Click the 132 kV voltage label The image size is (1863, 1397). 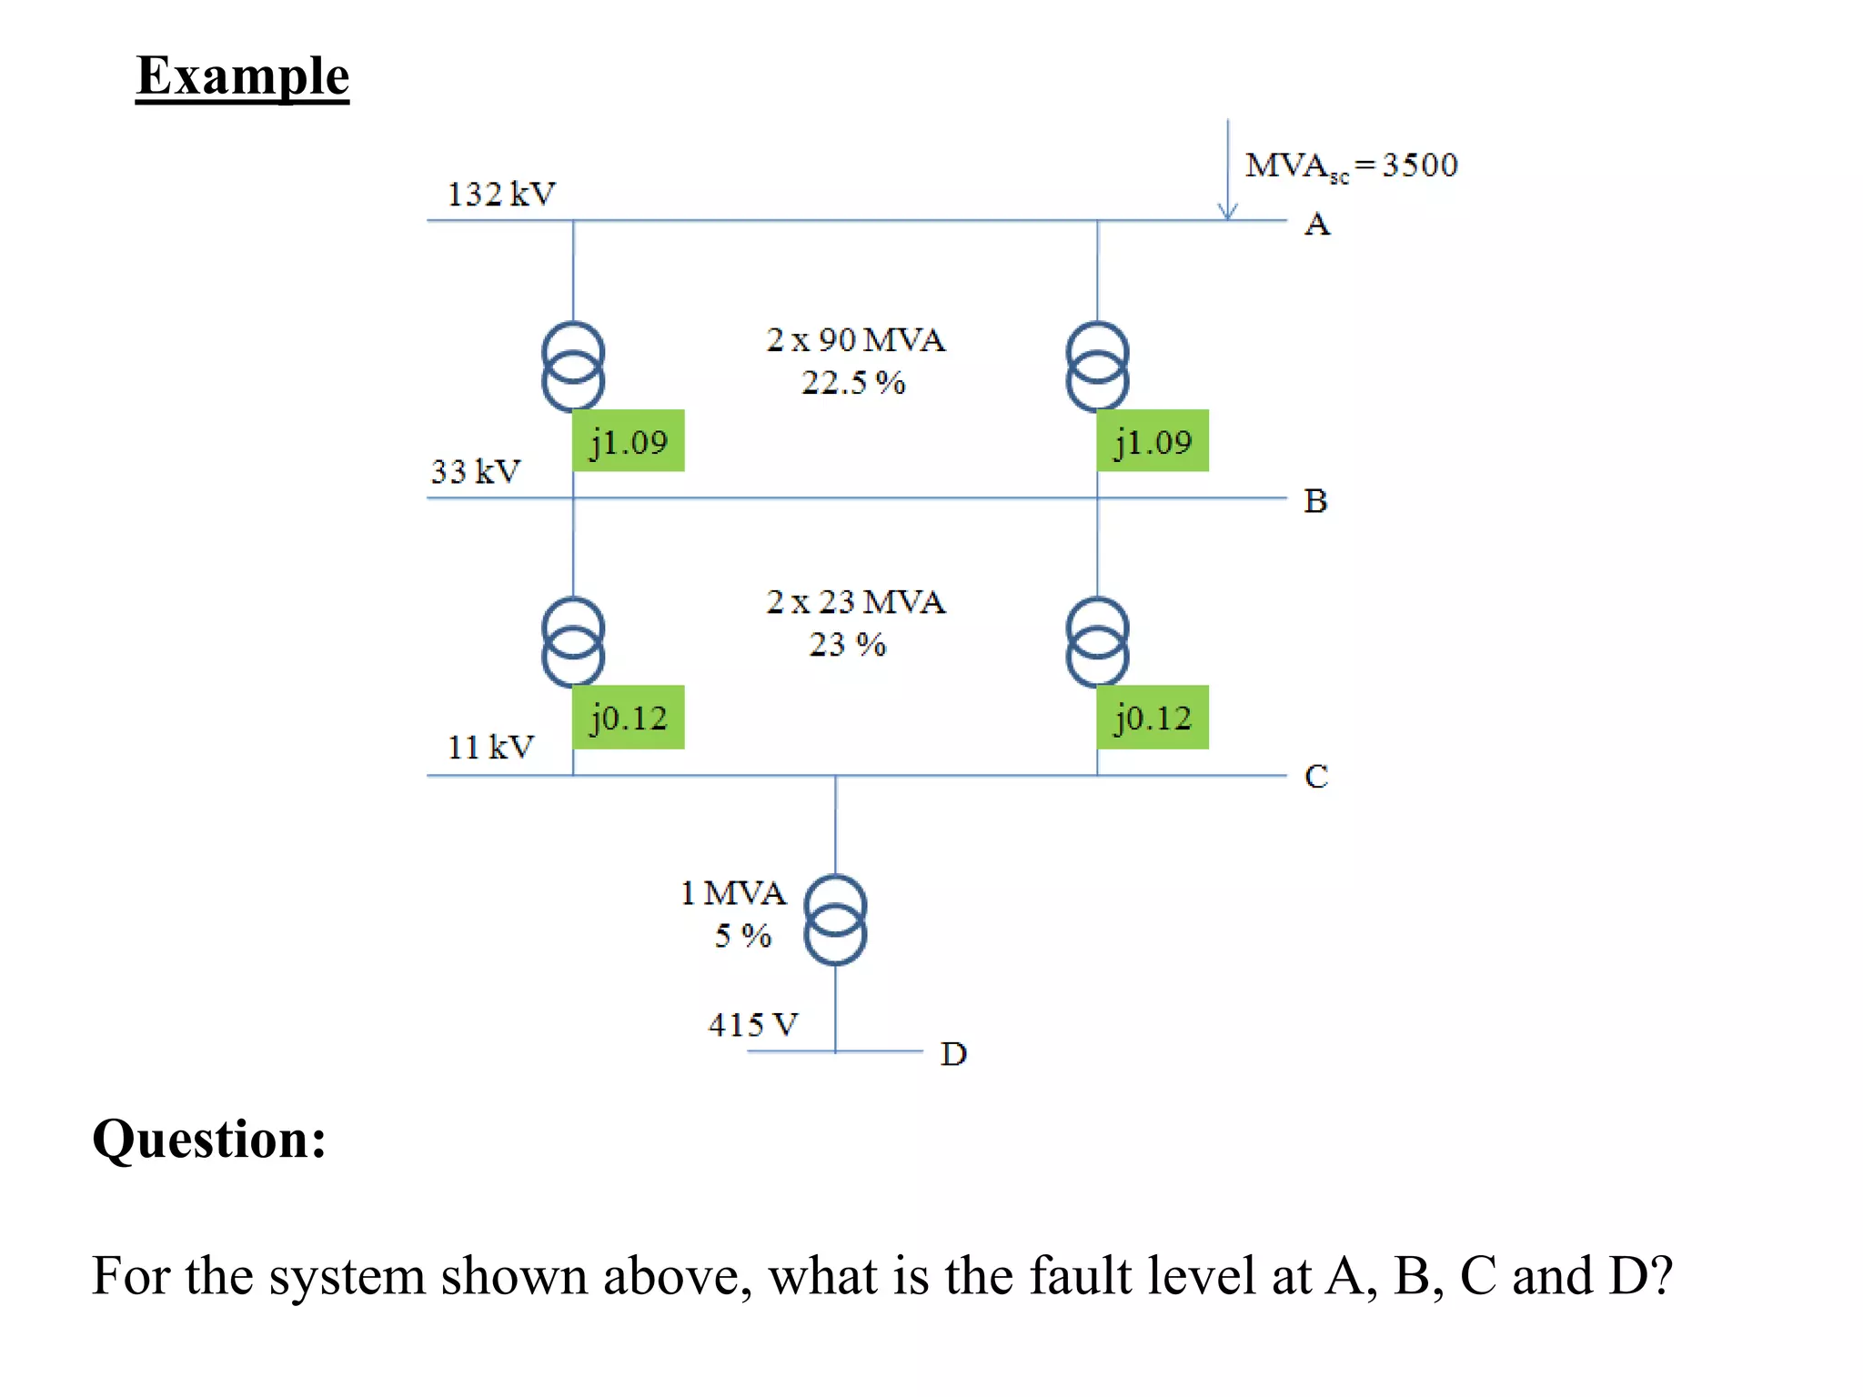tap(500, 194)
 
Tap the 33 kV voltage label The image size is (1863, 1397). tap(475, 471)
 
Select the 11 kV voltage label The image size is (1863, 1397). tap(490, 747)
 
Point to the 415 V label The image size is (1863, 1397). tap(752, 1025)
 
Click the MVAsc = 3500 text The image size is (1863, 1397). tap(1350, 166)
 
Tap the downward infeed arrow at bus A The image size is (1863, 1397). tap(1227, 173)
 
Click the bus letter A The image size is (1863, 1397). tap(1316, 224)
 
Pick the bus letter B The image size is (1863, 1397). tap(1315, 501)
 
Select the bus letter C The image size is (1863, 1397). tap(1315, 777)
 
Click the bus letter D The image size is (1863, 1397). tap(952, 1054)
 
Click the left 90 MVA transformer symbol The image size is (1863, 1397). tap(572, 366)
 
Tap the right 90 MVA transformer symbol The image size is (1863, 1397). tap(1097, 366)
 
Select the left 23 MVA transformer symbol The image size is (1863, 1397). tap(572, 641)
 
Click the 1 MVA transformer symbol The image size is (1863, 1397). tap(835, 920)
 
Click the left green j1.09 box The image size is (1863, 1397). tap(628, 441)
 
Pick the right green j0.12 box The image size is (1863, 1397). tap(1152, 718)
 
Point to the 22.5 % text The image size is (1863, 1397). tap(852, 383)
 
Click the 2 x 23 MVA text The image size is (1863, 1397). tap(855, 602)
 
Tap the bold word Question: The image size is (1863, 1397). tap(209, 1139)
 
